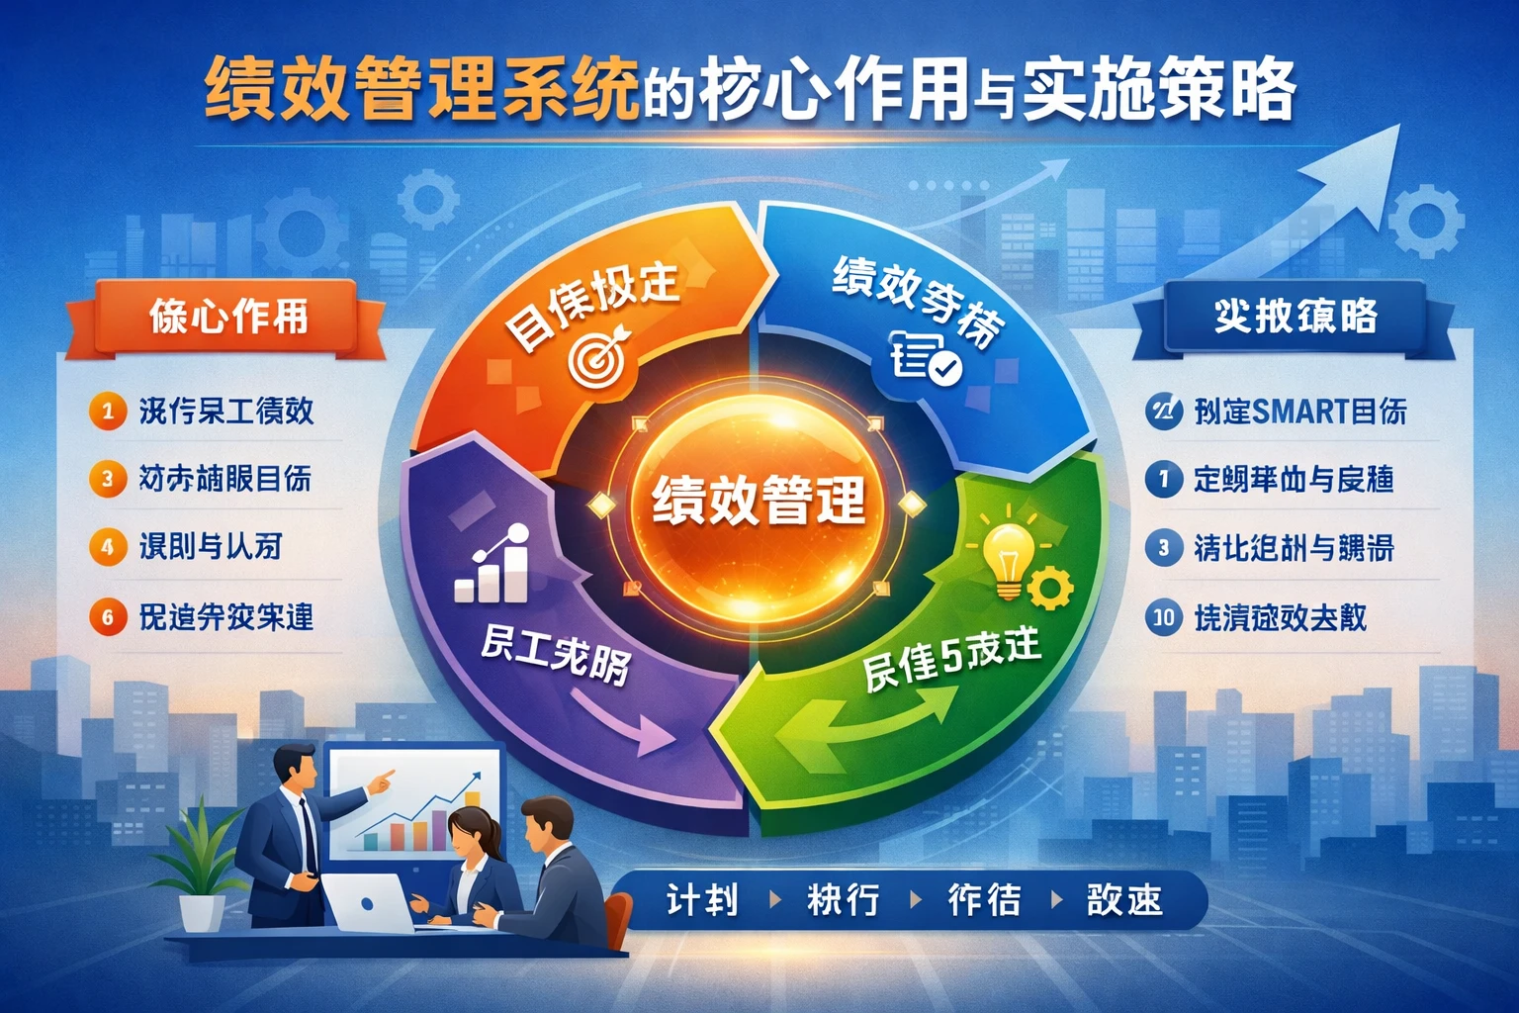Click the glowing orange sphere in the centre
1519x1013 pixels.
[x=759, y=499]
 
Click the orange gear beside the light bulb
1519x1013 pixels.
[x=1050, y=588]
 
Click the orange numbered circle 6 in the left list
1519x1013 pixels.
[x=107, y=617]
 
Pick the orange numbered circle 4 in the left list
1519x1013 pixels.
[x=107, y=547]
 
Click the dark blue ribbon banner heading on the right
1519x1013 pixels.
[x=1295, y=318]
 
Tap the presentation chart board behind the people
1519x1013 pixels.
[x=415, y=801]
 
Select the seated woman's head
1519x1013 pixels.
[x=471, y=831]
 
